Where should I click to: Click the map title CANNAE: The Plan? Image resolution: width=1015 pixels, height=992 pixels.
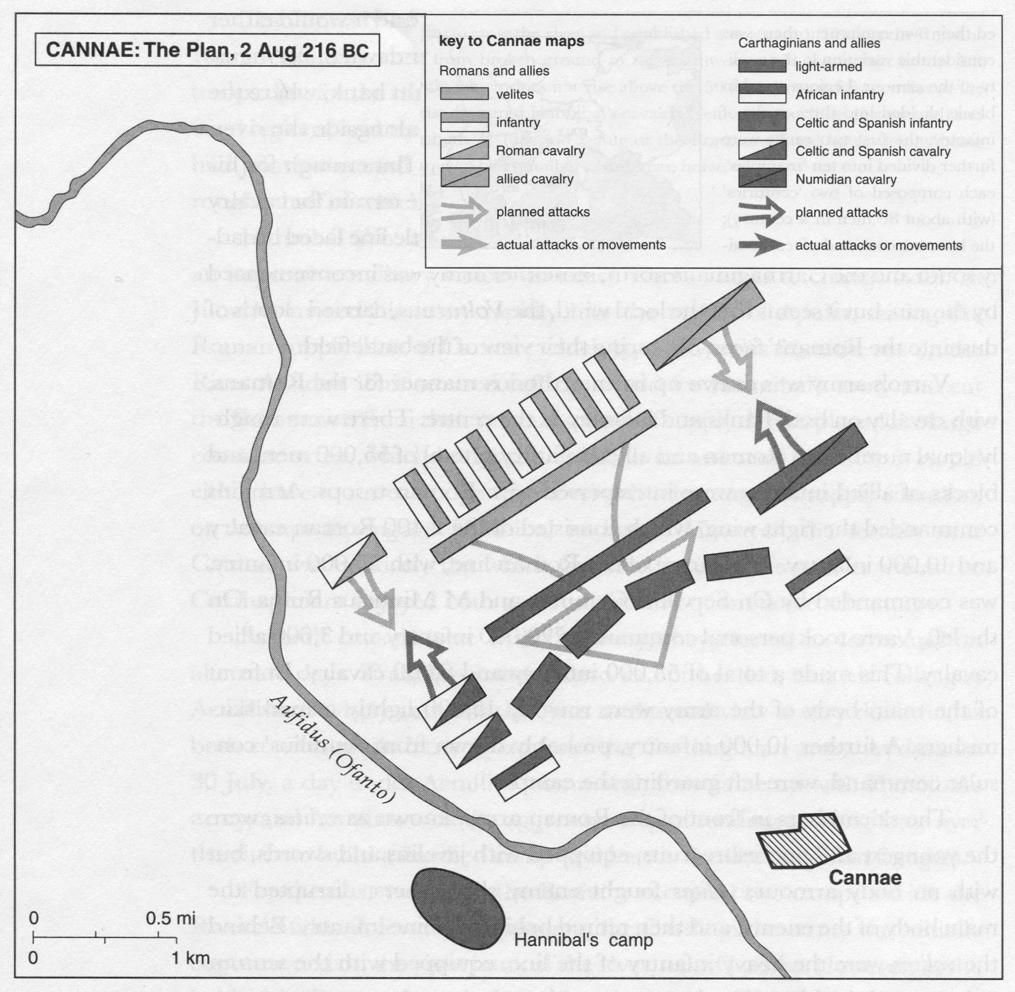click(x=207, y=50)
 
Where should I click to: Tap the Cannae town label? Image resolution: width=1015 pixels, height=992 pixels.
click(x=865, y=877)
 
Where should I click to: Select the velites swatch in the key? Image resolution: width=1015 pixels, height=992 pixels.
click(x=464, y=94)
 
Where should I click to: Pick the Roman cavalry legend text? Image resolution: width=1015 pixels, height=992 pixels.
click(x=540, y=151)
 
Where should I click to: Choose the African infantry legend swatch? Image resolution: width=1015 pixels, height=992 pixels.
click(x=762, y=95)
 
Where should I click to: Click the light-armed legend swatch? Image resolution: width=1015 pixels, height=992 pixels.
click(x=762, y=67)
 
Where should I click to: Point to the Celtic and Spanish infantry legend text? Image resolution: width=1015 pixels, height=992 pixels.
click(x=873, y=123)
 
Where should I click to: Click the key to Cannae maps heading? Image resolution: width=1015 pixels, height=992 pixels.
click(x=511, y=42)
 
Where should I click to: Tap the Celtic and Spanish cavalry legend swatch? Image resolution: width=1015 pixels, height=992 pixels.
click(x=762, y=151)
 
